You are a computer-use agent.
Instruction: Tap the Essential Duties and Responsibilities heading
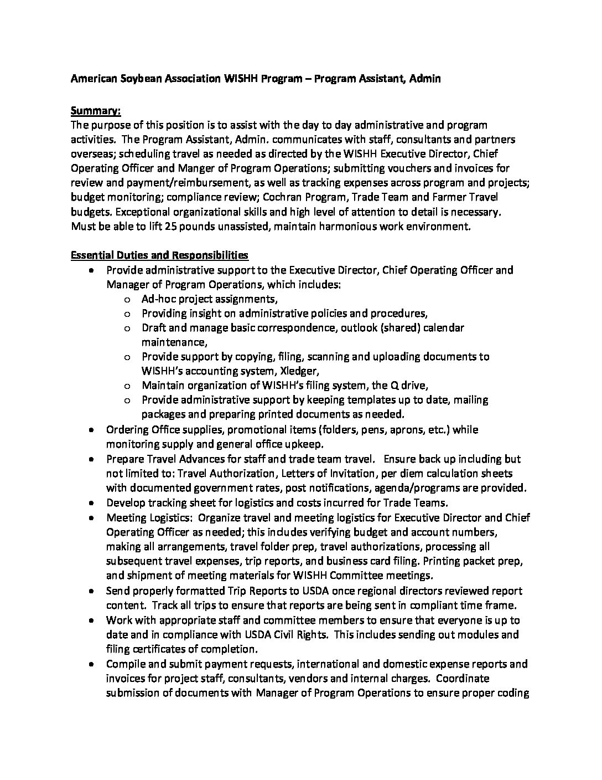click(x=159, y=255)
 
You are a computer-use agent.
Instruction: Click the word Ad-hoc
click(x=158, y=299)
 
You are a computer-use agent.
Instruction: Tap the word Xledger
click(x=301, y=371)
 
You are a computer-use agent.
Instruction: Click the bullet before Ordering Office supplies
click(x=91, y=430)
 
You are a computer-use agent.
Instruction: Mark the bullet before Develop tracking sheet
click(x=91, y=503)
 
